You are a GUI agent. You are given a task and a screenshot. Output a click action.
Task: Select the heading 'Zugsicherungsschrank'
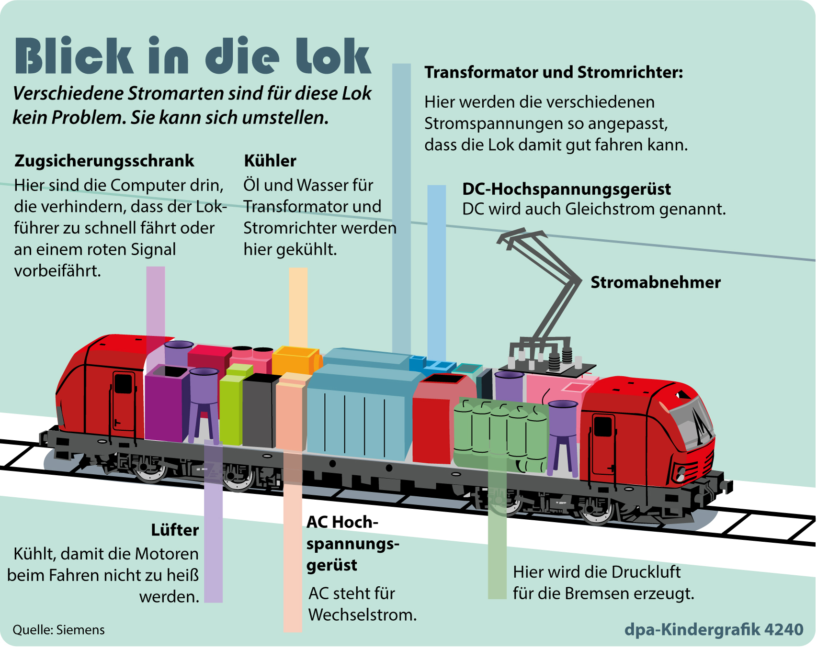click(104, 161)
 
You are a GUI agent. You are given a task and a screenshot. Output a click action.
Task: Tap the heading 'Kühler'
click(270, 161)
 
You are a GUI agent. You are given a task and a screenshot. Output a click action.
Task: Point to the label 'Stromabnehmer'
click(656, 282)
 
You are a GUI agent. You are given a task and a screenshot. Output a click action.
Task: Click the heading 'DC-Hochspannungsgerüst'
click(567, 189)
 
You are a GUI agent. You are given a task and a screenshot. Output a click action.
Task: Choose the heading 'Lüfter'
click(175, 530)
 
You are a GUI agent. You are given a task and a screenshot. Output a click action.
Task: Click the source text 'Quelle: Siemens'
click(58, 630)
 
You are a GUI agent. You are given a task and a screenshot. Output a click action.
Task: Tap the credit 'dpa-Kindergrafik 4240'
click(714, 630)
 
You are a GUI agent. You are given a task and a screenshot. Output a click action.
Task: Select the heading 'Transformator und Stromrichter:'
click(554, 72)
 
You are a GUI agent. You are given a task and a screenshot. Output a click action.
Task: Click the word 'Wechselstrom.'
click(363, 614)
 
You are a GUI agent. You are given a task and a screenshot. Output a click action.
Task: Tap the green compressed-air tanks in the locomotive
click(500, 436)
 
